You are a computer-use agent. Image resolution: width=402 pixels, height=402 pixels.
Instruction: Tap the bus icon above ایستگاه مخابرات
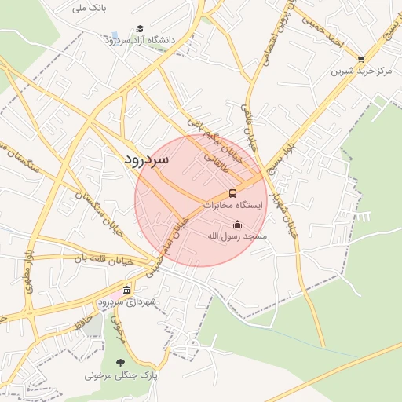tap(232, 193)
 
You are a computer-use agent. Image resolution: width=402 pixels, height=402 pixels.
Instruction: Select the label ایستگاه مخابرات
tap(235, 205)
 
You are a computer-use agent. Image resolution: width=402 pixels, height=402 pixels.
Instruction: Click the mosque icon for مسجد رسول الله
tap(237, 225)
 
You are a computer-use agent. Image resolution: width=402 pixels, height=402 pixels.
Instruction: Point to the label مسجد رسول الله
tap(237, 236)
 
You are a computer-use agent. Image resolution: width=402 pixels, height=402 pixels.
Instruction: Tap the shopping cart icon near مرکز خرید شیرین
tap(361, 59)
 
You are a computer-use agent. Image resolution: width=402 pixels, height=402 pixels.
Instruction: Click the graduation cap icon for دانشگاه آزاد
tap(140, 28)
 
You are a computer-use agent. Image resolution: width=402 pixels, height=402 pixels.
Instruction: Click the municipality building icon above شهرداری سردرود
tap(127, 291)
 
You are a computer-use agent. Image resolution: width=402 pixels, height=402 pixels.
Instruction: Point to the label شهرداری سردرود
tap(127, 302)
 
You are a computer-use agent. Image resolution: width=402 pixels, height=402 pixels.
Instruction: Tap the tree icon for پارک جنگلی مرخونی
tap(119, 363)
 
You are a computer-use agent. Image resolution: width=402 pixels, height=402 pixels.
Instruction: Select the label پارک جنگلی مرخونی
tap(122, 375)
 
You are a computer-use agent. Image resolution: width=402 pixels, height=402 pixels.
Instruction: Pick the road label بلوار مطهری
tap(29, 271)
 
